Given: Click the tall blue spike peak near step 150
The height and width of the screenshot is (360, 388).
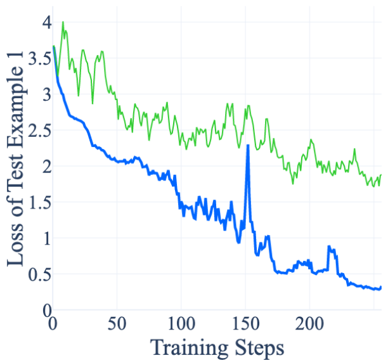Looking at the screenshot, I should click(x=247, y=146).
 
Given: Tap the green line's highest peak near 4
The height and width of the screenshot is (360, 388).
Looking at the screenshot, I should click(x=63, y=22).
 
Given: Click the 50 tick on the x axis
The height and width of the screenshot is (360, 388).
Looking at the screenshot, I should click(x=117, y=323).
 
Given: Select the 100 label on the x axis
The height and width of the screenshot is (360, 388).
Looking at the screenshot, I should click(x=181, y=323).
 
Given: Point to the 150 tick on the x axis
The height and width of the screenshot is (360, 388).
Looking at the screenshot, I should click(x=246, y=323).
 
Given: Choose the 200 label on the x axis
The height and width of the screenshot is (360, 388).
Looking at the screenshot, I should click(x=311, y=323).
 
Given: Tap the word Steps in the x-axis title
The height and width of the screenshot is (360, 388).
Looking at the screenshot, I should click(x=260, y=347).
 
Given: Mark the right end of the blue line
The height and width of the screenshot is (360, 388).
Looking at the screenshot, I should click(x=380, y=288).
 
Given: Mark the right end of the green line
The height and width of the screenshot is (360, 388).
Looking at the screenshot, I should click(x=380, y=175).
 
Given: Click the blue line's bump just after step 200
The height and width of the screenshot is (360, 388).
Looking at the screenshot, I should click(x=329, y=247).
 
